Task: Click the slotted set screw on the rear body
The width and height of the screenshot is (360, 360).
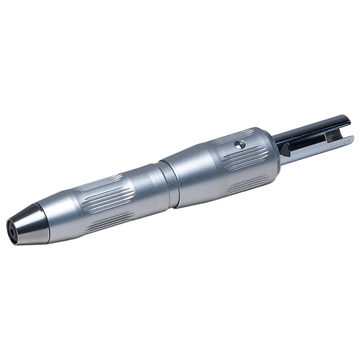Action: click(x=241, y=144)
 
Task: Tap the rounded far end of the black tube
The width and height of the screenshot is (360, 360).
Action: click(x=347, y=120)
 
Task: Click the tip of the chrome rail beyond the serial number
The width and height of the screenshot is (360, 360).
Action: click(x=350, y=139)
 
